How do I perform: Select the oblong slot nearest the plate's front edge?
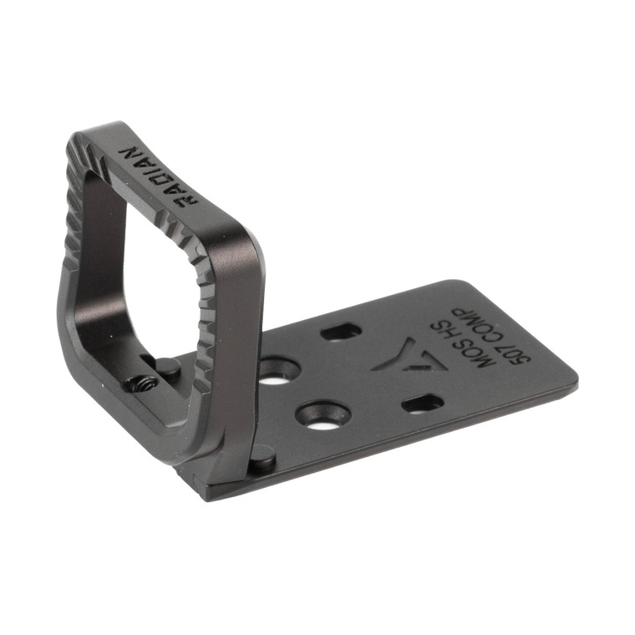coord(422,404)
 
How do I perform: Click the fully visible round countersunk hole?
coord(323,414)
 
